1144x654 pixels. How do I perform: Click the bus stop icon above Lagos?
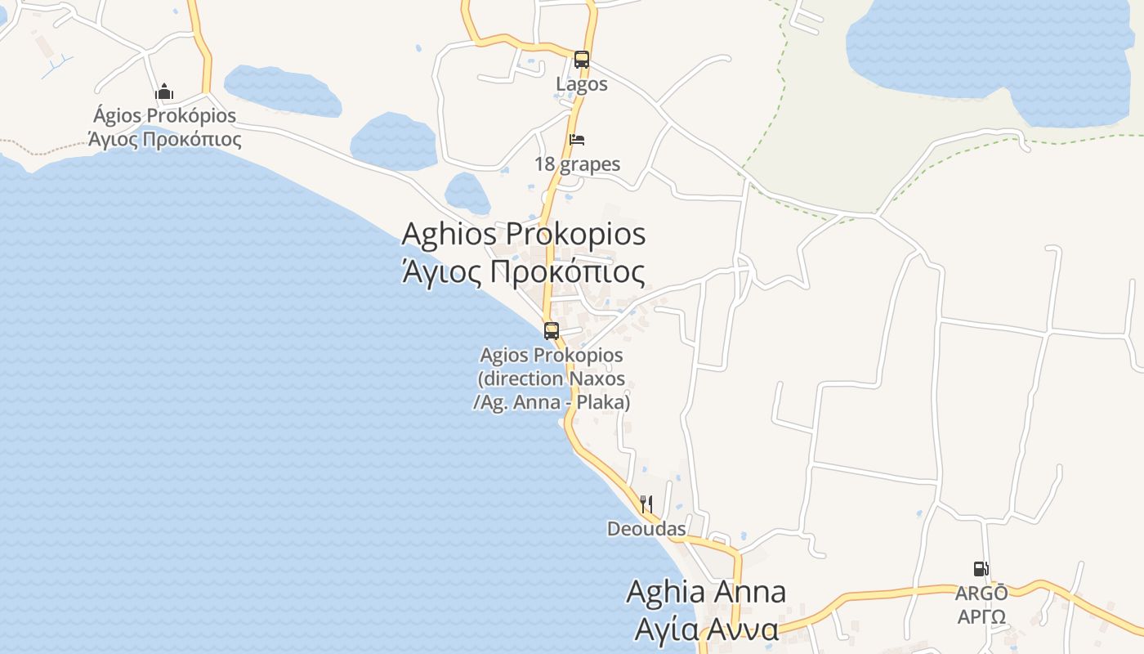(x=581, y=60)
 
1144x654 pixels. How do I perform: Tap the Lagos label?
(x=582, y=84)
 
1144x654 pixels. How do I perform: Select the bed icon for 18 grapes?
(x=577, y=140)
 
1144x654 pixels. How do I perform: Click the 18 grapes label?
(x=577, y=164)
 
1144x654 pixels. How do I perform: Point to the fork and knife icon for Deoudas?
(x=646, y=504)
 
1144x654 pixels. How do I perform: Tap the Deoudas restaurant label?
(x=646, y=529)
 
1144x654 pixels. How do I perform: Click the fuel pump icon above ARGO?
(x=981, y=569)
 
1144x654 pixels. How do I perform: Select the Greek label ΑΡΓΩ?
(x=981, y=616)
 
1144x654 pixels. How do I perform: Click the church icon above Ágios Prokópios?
(x=164, y=92)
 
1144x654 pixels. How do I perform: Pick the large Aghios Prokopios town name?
(x=524, y=235)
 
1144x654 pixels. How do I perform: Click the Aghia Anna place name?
(x=706, y=592)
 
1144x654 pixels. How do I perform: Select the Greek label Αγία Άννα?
(x=706, y=630)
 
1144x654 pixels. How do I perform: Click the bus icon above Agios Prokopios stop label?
(x=552, y=331)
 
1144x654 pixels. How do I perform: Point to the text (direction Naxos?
(x=552, y=379)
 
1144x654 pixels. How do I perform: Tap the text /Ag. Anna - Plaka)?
(x=552, y=403)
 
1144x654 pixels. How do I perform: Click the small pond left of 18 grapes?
(x=394, y=141)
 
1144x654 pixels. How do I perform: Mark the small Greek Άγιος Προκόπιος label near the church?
(x=165, y=140)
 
